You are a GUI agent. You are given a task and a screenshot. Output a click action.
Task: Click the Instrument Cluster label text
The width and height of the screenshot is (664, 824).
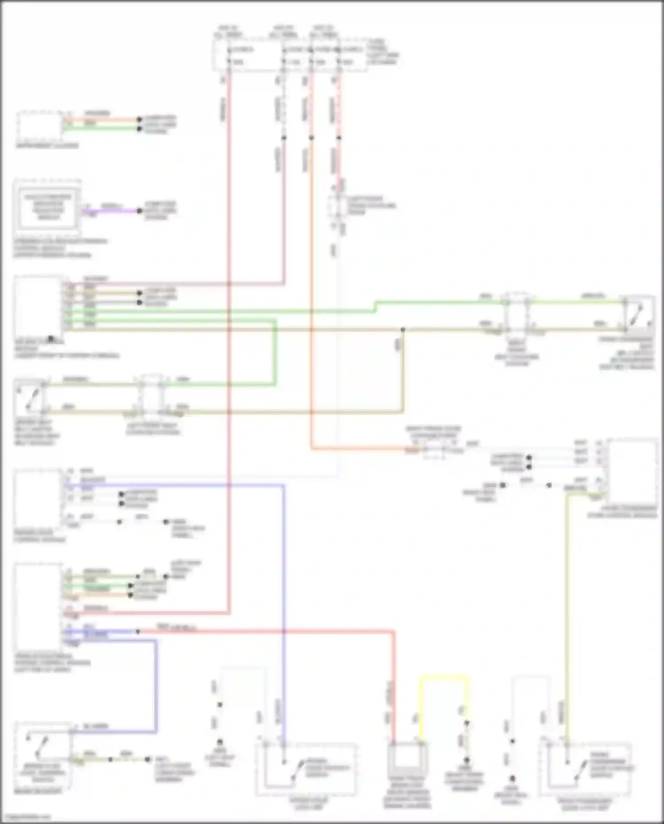coord(47,146)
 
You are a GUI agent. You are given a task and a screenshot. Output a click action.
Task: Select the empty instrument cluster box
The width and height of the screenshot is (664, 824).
coord(39,126)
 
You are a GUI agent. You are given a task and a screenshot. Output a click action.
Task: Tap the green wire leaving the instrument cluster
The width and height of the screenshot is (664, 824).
coord(102,129)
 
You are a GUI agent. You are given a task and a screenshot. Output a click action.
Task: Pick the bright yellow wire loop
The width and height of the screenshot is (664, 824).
coord(444,677)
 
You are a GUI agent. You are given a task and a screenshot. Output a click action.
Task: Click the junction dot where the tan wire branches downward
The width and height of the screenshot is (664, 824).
coord(403,330)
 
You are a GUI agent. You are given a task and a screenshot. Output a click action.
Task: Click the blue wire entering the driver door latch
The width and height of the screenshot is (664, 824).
coord(283,620)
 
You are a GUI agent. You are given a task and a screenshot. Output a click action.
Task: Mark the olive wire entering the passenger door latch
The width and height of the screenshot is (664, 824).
coord(567,620)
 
